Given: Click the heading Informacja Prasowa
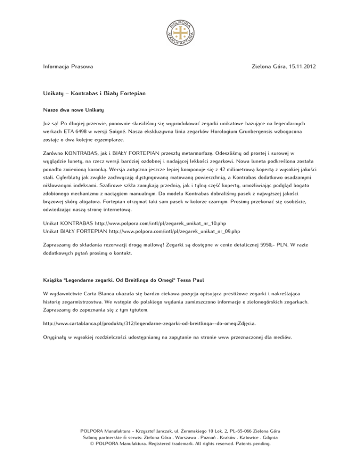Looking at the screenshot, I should coord(65,67).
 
